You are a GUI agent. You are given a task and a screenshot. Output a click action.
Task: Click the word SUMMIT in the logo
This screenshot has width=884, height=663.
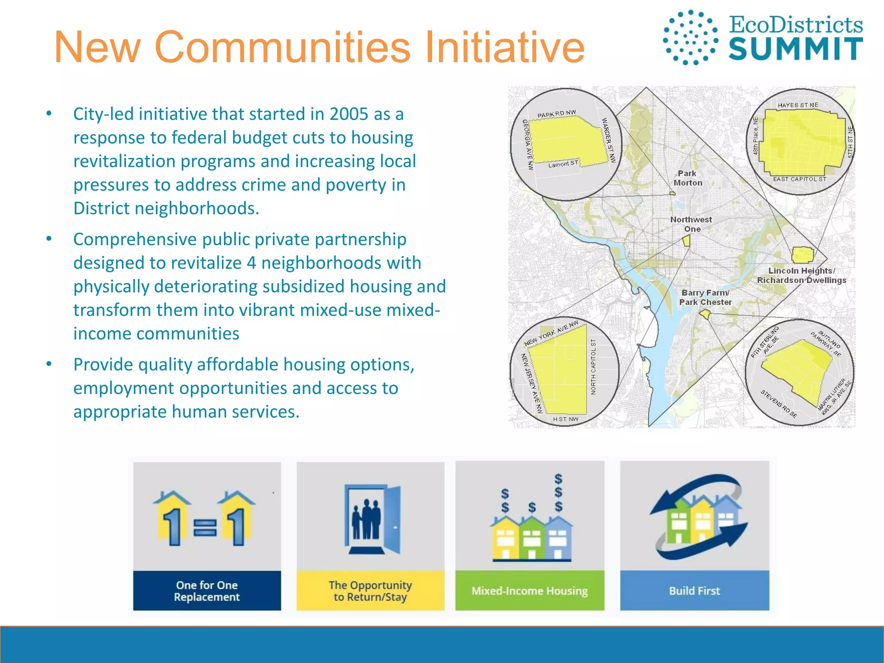795,49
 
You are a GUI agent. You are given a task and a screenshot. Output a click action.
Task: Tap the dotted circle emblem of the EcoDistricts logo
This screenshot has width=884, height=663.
690,38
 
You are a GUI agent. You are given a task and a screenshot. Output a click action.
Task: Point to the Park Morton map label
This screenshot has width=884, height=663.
688,178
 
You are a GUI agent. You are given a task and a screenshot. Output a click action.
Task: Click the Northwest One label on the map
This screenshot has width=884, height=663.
691,224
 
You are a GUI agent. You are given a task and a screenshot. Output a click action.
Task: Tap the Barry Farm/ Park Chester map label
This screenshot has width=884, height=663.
705,297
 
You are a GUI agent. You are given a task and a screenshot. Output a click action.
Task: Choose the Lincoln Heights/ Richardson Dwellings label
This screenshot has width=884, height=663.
802,275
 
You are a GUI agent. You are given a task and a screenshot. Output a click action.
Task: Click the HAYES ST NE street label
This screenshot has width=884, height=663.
798,105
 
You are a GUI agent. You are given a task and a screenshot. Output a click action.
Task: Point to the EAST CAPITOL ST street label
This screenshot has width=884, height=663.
799,179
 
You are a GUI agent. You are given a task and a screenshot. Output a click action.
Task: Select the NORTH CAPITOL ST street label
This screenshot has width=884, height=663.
594,367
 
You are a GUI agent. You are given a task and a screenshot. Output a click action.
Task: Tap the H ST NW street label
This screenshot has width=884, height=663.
565,419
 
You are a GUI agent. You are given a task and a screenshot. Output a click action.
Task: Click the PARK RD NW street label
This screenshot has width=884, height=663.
556,114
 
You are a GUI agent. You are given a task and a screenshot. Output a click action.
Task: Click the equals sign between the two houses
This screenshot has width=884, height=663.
205,527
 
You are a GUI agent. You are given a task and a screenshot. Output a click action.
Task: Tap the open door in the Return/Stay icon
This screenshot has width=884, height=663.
392,520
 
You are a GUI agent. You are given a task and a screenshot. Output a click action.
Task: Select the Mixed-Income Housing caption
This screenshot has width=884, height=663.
530,590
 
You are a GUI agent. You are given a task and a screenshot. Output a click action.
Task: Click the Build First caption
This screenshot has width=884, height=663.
695,590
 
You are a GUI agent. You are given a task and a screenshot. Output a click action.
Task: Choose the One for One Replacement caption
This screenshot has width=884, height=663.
207,591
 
